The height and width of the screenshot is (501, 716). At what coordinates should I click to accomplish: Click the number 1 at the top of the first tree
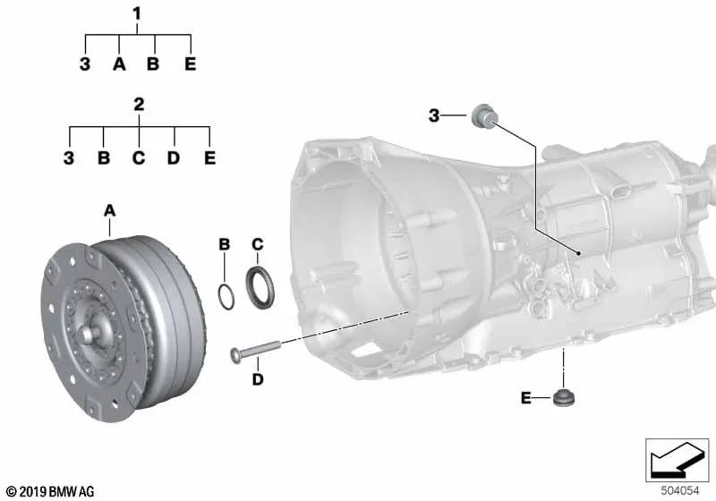point(137,13)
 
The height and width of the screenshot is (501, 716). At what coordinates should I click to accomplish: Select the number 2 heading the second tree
point(139,105)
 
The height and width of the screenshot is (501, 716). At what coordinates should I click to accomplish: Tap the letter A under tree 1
point(119,64)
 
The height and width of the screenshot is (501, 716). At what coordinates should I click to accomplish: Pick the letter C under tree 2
point(139,157)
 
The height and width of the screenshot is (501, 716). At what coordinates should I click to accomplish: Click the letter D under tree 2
point(174,157)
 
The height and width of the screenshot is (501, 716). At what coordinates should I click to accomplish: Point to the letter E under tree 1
point(191,64)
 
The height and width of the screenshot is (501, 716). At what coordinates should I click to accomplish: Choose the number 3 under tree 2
point(69,157)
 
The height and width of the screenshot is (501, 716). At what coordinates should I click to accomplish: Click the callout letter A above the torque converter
point(109,211)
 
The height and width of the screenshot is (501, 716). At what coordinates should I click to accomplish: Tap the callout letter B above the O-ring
point(225,244)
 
